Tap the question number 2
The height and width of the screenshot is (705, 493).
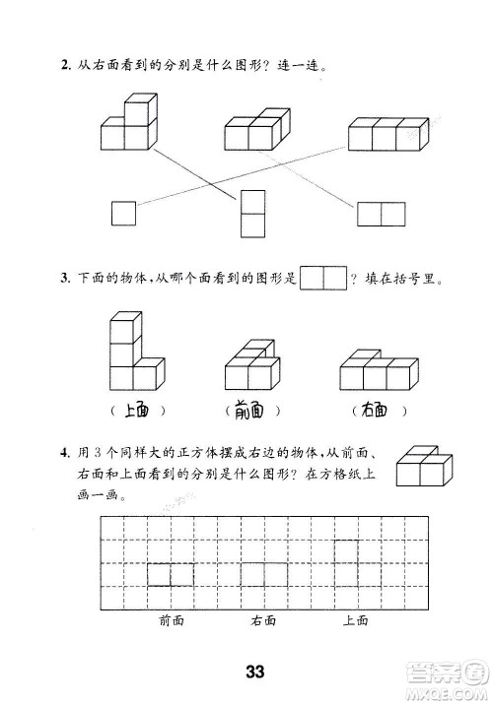click(x=64, y=67)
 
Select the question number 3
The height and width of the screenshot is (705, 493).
click(x=64, y=281)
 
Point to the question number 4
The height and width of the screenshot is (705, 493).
click(x=64, y=453)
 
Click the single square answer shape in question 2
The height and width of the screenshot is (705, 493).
click(x=123, y=212)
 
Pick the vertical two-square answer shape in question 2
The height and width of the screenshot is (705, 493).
click(x=252, y=213)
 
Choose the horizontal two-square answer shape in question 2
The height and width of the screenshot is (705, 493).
click(x=382, y=214)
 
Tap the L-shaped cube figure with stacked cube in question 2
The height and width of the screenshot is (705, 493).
click(x=128, y=123)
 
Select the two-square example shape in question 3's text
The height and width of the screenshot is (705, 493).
click(x=323, y=279)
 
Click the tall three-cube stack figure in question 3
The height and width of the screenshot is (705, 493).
click(x=130, y=354)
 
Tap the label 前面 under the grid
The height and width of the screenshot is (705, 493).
click(x=171, y=620)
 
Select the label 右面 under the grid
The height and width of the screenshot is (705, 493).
click(x=263, y=620)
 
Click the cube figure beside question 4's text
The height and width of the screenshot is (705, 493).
click(x=423, y=466)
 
